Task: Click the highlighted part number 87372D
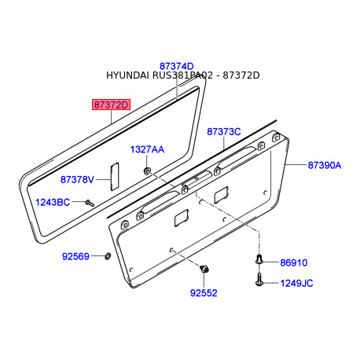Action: coord(111,105)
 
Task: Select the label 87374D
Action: coord(176,66)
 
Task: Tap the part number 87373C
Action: coord(224,132)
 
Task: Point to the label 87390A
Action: coord(324,166)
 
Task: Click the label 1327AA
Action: coord(147,149)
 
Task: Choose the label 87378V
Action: coord(77,180)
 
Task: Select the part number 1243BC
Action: coord(53,203)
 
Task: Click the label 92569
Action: coord(76,256)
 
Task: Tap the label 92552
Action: coord(203,292)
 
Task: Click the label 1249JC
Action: coord(296,282)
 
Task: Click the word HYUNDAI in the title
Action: coord(129,75)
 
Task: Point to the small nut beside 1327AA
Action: coord(147,169)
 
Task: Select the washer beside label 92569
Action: coord(105,256)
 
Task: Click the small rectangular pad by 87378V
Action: coord(112,176)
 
